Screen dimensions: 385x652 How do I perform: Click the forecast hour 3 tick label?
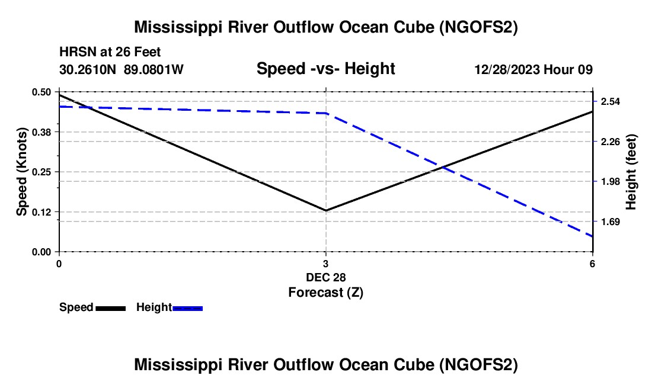(x=325, y=264)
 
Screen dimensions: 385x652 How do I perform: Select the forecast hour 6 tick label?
(x=592, y=264)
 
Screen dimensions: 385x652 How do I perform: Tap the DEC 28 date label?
(x=325, y=277)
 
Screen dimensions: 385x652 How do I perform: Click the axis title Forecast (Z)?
(x=325, y=292)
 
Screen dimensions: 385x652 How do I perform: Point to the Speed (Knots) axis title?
(x=22, y=172)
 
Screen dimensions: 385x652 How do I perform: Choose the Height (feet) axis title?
(x=631, y=172)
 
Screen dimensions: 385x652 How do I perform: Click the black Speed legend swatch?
(x=110, y=308)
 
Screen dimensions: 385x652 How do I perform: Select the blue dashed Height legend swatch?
(x=187, y=308)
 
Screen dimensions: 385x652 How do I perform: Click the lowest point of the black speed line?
(x=325, y=210)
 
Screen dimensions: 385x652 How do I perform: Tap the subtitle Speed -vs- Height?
(x=325, y=69)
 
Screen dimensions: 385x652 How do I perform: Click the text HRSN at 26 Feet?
(x=110, y=52)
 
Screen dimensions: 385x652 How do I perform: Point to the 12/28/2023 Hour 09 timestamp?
(x=533, y=70)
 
